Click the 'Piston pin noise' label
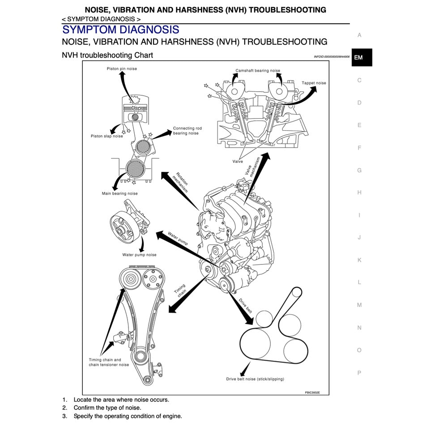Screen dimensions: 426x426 click(x=122, y=68)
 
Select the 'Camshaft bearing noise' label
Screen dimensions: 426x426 click(x=258, y=71)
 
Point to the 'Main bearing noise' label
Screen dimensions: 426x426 click(x=119, y=194)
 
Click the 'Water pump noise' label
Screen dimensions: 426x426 click(x=139, y=255)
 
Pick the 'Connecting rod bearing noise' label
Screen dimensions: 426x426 click(x=187, y=131)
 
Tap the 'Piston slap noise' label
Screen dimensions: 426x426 click(x=106, y=136)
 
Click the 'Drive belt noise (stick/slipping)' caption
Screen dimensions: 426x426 click(x=255, y=379)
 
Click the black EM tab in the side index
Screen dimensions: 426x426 click(x=361, y=58)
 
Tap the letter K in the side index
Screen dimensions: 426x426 click(x=359, y=260)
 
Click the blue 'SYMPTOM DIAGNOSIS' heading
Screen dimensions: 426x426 click(x=121, y=30)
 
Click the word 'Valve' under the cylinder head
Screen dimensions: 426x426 click(x=238, y=161)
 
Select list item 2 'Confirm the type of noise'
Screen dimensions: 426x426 click(x=107, y=408)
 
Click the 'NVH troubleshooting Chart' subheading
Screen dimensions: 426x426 click(x=107, y=55)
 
